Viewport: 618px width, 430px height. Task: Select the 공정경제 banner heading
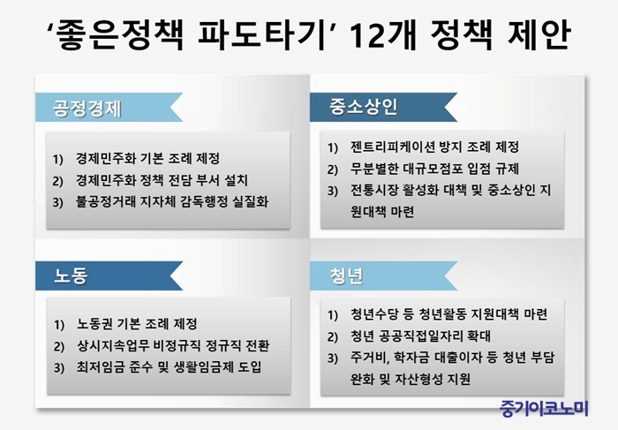87,108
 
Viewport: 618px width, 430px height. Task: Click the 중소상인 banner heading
363,107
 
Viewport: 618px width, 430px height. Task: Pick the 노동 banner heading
71,275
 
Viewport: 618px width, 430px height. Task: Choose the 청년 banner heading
346,275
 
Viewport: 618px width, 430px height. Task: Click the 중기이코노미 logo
544,408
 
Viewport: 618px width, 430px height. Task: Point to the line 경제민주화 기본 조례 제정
147,158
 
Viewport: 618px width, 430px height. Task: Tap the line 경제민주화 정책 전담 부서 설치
162,180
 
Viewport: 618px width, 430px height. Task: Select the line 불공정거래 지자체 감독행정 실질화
172,202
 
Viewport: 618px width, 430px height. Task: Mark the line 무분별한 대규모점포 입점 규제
434,169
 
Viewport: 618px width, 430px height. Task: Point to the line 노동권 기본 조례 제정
137,324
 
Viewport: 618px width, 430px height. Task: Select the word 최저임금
100,367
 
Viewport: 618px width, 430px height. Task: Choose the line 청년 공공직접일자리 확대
420,336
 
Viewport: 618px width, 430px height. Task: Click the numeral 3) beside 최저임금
59,367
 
